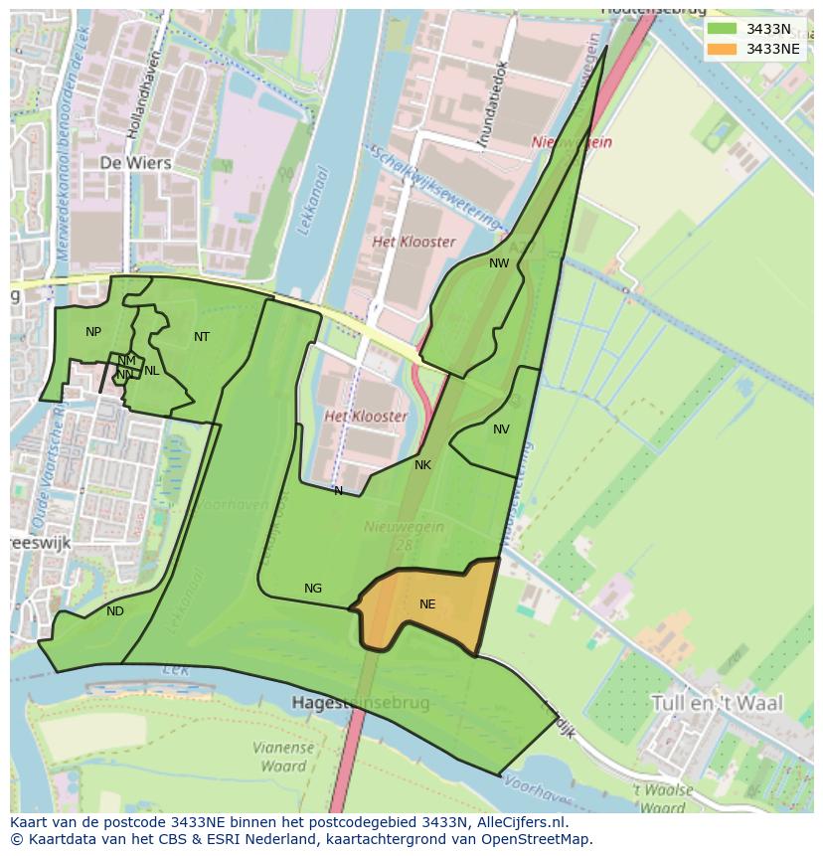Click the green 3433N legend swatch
(x=723, y=29)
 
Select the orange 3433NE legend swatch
(x=723, y=49)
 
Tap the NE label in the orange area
(x=427, y=603)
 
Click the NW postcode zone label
(x=499, y=263)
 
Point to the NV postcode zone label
(x=501, y=429)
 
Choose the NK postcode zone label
(x=422, y=464)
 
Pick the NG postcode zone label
(x=313, y=589)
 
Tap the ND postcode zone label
(x=115, y=611)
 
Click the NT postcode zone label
(x=202, y=337)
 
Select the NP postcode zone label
(x=93, y=332)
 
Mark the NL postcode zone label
(x=151, y=371)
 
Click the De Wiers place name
(x=135, y=162)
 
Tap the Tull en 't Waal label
(x=716, y=703)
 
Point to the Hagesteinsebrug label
(x=362, y=703)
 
